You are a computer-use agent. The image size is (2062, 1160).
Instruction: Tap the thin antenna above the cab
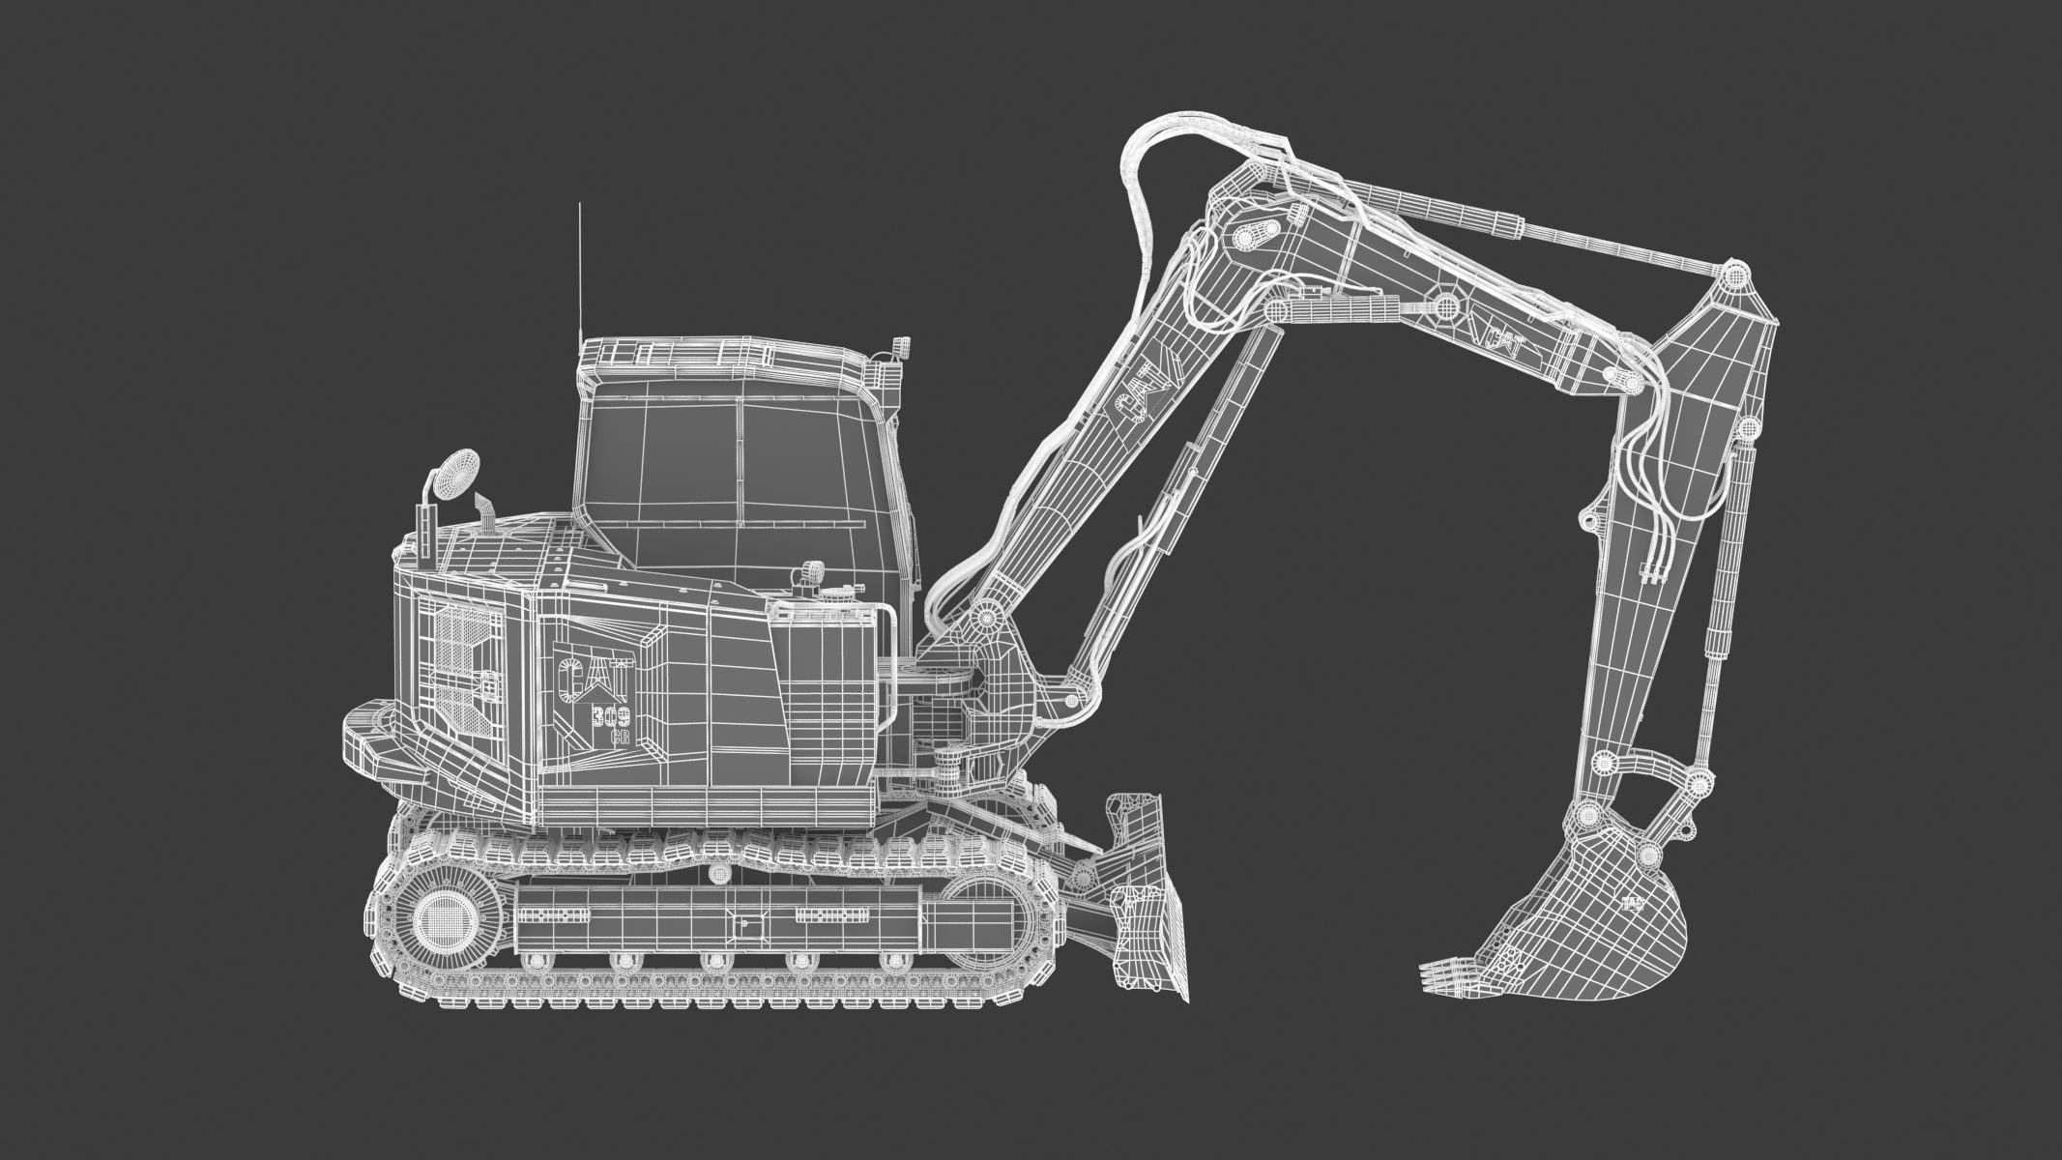(579, 271)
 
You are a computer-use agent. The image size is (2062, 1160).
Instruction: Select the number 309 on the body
(611, 716)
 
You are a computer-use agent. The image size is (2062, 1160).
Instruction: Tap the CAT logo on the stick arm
(1498, 342)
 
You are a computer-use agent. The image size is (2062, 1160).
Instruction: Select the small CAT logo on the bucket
(1633, 904)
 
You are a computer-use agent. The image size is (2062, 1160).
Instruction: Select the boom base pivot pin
(986, 615)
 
